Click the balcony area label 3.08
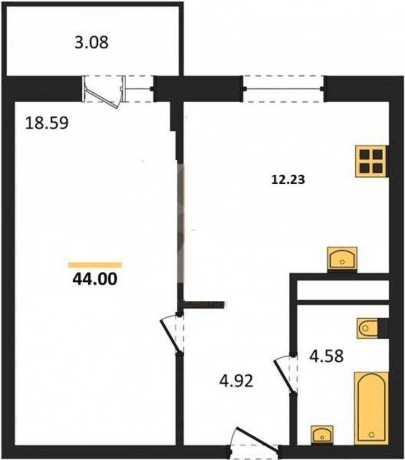(x=91, y=42)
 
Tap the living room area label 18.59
(x=47, y=123)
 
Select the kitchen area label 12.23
(x=288, y=179)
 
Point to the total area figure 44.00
(x=94, y=279)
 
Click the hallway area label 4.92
(x=236, y=381)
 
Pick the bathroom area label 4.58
(x=326, y=356)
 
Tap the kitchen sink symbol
(x=342, y=258)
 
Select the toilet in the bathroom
(x=368, y=328)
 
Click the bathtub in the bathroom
(x=371, y=408)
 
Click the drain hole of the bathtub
(x=372, y=434)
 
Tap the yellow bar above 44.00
(x=95, y=265)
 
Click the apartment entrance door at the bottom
(x=255, y=440)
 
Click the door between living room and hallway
(x=172, y=334)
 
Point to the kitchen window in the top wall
(x=284, y=89)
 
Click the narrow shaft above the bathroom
(x=343, y=290)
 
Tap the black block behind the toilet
(x=383, y=328)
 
